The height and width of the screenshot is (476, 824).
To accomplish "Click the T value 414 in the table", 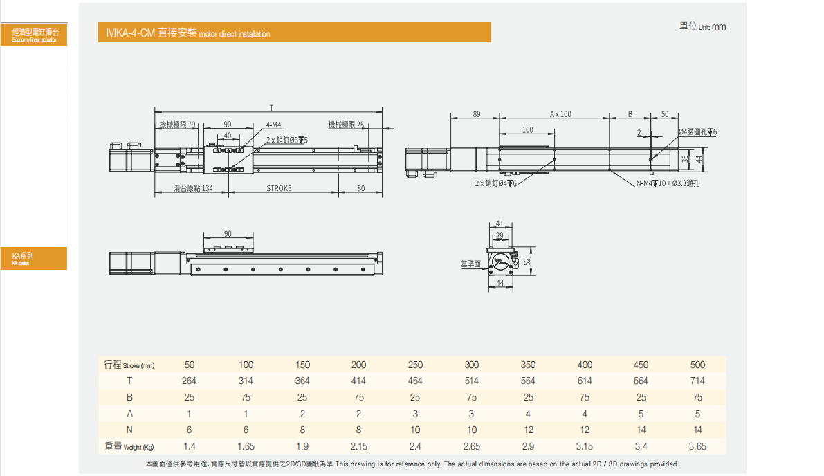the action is tap(358, 381).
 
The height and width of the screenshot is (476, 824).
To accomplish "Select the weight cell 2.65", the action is tap(471, 446).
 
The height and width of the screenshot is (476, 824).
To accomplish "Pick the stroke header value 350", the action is tap(528, 365).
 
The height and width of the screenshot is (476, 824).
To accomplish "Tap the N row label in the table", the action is tap(130, 430).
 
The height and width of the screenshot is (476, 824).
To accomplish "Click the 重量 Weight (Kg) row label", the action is tap(129, 446).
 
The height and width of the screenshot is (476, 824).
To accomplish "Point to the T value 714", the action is tap(697, 381).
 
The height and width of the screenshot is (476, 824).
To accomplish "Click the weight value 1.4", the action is tap(189, 446).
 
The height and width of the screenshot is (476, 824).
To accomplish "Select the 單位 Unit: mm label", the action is tap(703, 26).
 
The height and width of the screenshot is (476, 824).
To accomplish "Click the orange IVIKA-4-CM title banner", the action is tap(294, 32).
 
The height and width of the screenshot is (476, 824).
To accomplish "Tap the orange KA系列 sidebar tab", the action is tap(34, 258).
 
